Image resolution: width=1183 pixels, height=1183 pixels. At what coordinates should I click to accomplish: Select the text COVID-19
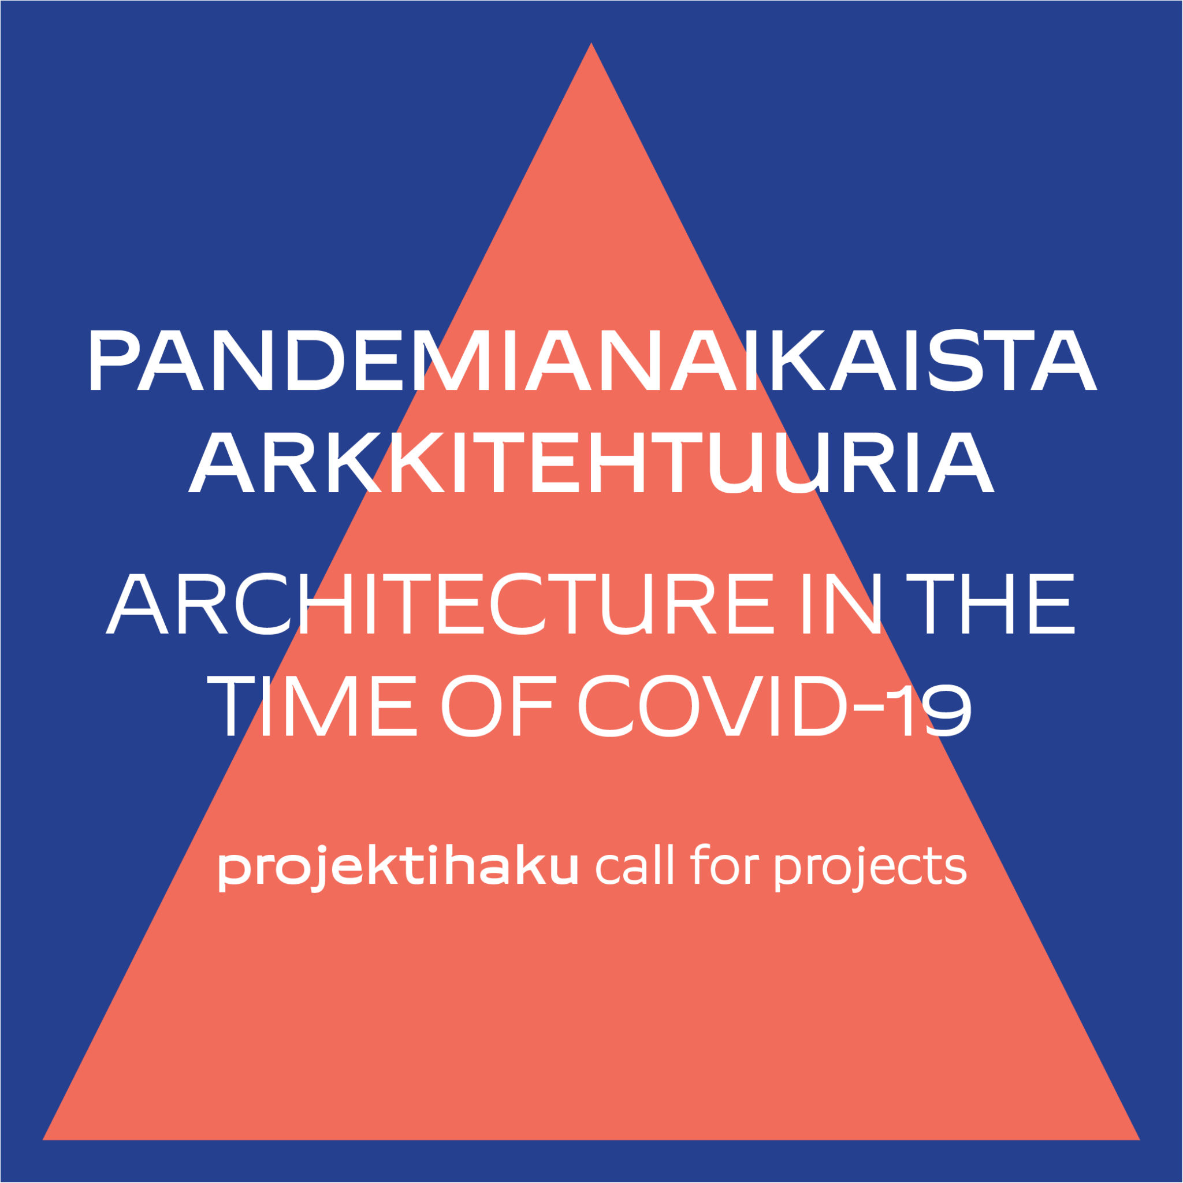(775, 706)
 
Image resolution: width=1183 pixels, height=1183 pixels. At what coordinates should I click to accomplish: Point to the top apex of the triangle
(591, 43)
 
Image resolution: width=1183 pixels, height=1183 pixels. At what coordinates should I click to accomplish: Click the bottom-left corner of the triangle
(43, 1140)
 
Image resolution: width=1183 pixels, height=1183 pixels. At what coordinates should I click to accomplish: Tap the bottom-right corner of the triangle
(1140, 1140)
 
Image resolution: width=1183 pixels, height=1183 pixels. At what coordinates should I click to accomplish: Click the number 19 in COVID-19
(936, 706)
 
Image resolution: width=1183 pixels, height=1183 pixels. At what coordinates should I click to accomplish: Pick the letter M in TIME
(319, 706)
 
